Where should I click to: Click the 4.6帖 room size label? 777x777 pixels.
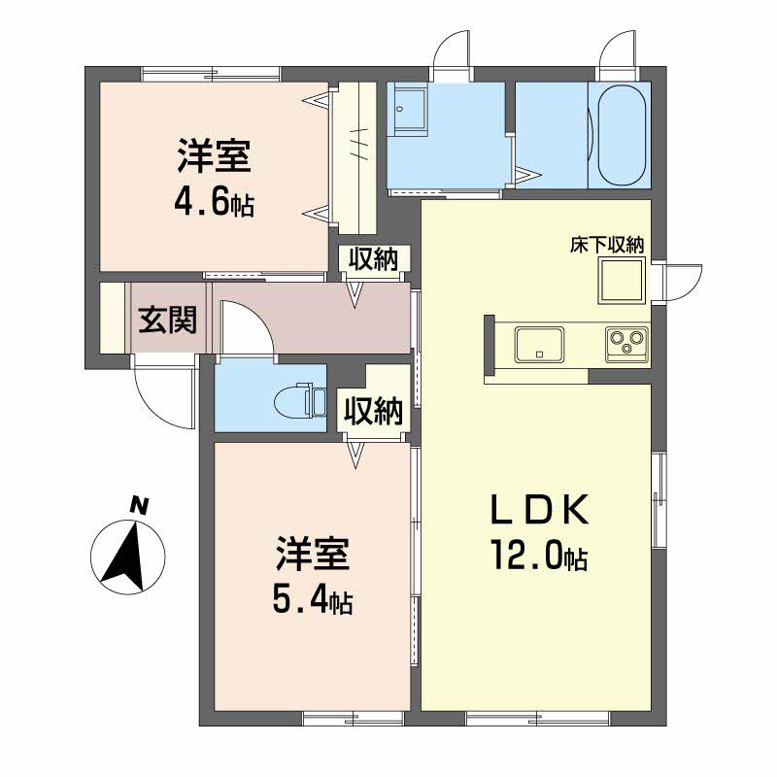coord(215,204)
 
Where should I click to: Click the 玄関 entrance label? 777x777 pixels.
coord(166,320)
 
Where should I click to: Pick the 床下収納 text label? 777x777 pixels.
coord(607,245)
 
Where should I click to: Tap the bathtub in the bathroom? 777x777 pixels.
coord(622,136)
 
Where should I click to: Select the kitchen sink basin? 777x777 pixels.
coord(539,345)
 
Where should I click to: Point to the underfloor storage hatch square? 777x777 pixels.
coord(622,283)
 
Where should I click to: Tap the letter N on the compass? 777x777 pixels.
coord(140,505)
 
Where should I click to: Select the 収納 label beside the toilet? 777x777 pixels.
coord(370,412)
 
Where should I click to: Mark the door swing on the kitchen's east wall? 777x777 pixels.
coord(681,282)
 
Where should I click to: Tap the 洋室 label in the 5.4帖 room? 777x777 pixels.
coord(312,556)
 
